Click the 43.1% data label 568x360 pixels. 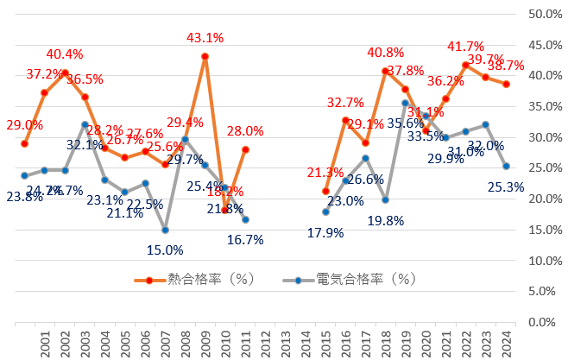tap(205, 37)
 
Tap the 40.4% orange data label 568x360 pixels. tap(65, 54)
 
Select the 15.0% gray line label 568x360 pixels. tap(164, 250)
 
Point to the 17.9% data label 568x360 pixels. tap(326, 232)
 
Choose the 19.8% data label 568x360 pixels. tap(386, 220)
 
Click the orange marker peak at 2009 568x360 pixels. tap(205, 56)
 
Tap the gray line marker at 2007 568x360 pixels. tap(165, 230)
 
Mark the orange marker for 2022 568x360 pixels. tap(466, 65)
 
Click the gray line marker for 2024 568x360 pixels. tap(507, 166)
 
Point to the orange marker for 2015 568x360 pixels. tap(325, 191)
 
